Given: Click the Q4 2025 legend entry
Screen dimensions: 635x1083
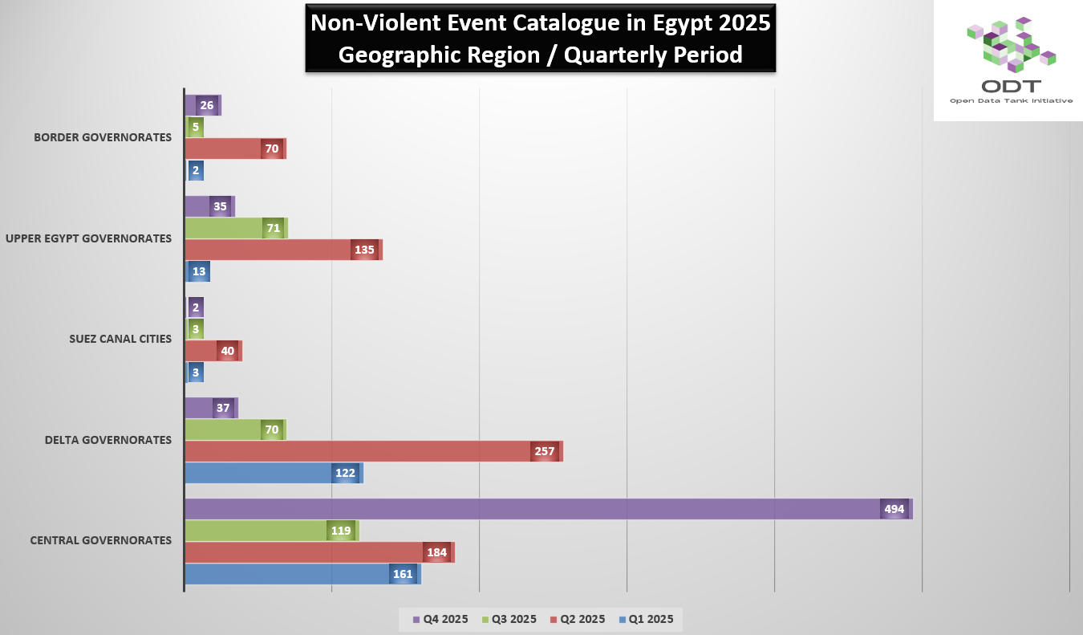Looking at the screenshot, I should click(x=440, y=619).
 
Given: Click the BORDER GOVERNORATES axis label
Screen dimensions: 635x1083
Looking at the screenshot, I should click(x=103, y=137).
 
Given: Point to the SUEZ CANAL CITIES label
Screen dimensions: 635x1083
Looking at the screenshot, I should click(x=120, y=339).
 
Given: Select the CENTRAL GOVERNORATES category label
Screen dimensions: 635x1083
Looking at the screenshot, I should click(x=101, y=540).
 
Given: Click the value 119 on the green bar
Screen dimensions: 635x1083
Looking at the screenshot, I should click(x=342, y=531).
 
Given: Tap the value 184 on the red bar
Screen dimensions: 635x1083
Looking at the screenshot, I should click(x=437, y=552).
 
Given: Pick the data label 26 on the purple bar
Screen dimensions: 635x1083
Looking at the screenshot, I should click(x=207, y=105).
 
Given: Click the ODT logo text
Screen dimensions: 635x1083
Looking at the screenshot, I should click(x=1011, y=86).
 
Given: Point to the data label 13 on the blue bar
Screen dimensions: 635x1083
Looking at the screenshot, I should click(x=198, y=271).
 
